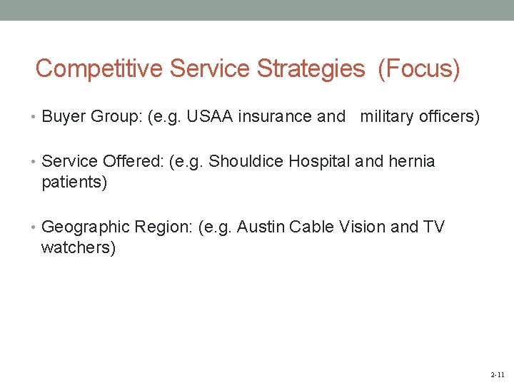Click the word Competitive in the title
(100, 69)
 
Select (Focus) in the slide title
(419, 69)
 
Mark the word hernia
(412, 161)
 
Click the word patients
(74, 183)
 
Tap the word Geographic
(86, 227)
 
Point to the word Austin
(258, 227)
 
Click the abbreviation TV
(433, 227)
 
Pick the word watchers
(78, 249)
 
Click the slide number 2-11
(498, 374)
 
